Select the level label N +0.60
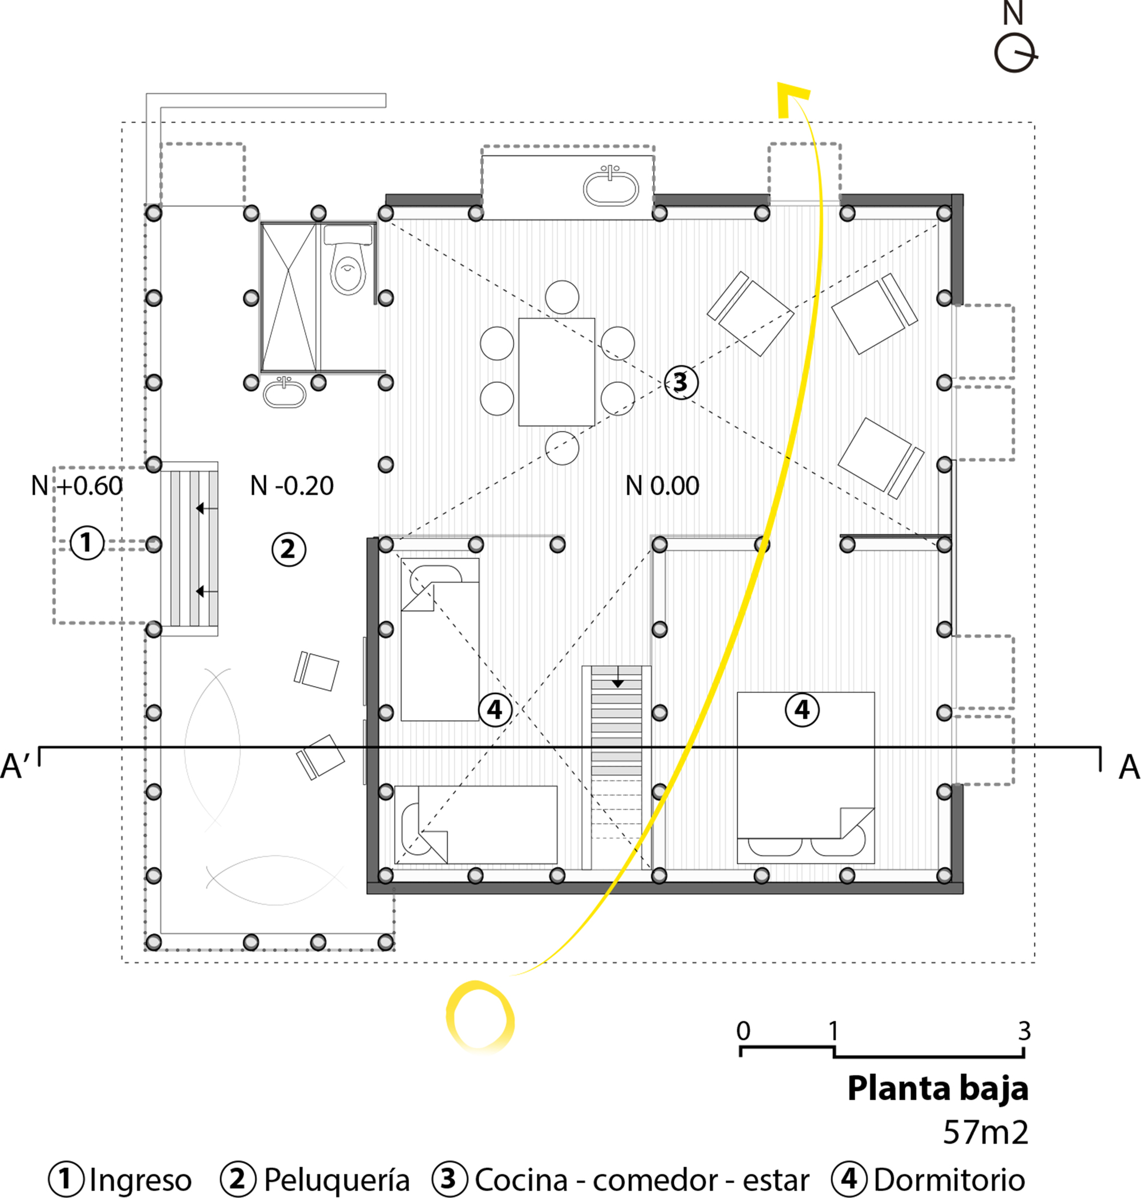(x=77, y=486)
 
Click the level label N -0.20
(x=292, y=486)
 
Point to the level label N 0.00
(x=662, y=486)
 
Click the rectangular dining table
(x=556, y=371)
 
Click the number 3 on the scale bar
(x=1024, y=1031)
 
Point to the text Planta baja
(x=937, y=1088)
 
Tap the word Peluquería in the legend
(x=337, y=1180)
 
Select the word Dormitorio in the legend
(x=949, y=1180)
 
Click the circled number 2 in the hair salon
(x=288, y=550)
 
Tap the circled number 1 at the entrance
(x=86, y=542)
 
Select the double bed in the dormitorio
(x=806, y=777)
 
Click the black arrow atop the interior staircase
(x=617, y=682)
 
